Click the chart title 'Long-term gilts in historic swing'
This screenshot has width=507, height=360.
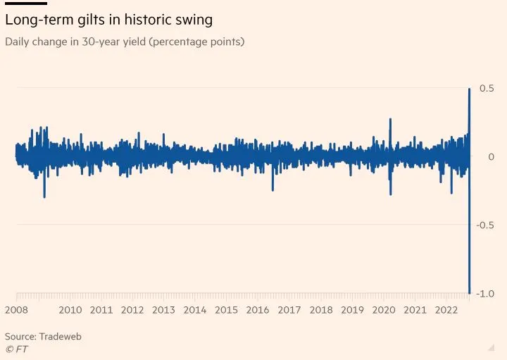[108, 19]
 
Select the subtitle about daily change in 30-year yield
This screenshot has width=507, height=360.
[125, 42]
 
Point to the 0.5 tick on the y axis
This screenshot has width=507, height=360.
[487, 88]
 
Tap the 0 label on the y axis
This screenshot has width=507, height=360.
[491, 156]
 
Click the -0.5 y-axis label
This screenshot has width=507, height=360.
[484, 225]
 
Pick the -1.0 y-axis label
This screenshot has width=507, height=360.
[484, 293]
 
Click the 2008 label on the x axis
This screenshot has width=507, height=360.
[16, 310]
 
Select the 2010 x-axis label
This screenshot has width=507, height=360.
[70, 310]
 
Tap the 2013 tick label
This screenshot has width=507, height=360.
[164, 310]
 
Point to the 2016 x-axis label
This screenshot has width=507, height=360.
[258, 310]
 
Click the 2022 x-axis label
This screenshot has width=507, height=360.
[446, 310]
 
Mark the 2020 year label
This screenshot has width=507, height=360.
[384, 310]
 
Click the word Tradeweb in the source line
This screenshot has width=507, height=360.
[61, 337]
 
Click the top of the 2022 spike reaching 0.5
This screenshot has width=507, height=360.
[470, 89]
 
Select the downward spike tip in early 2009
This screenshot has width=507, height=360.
[44, 197]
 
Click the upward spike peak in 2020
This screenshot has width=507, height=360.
[390, 119]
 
